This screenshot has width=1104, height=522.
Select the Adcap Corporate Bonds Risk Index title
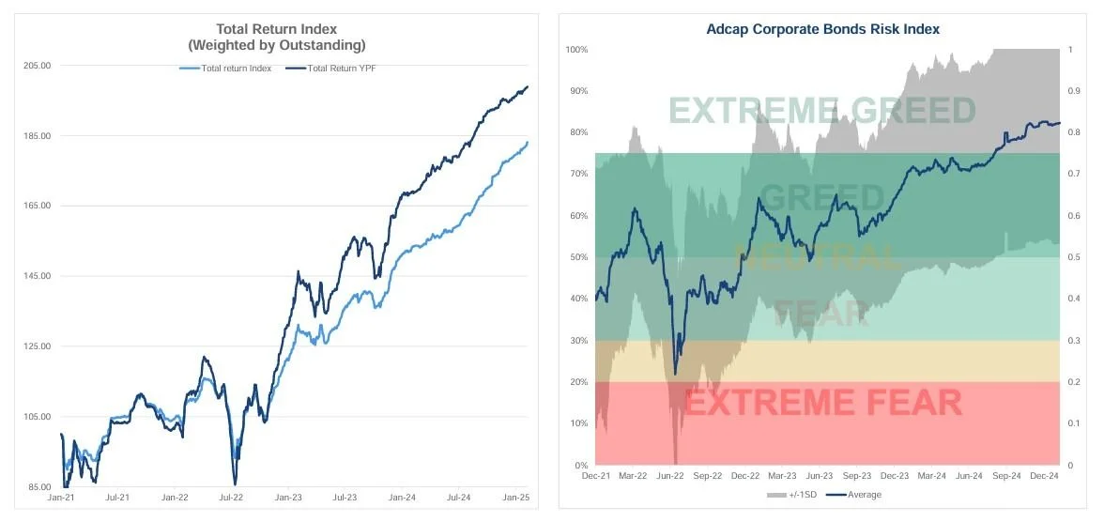pyautogui.click(x=822, y=29)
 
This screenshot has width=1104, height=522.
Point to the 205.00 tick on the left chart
pyautogui.click(x=37, y=66)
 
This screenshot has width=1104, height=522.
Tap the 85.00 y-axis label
pyautogui.click(x=38, y=487)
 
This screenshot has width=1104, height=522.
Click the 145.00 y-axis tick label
pyautogui.click(x=37, y=276)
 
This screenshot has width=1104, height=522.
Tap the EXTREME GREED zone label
pyautogui.click(x=822, y=111)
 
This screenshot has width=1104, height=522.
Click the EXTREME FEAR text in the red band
pyautogui.click(x=822, y=404)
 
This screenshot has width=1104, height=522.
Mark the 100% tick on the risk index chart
pyautogui.click(x=576, y=49)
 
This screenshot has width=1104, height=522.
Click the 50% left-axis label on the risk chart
pyautogui.click(x=578, y=257)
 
